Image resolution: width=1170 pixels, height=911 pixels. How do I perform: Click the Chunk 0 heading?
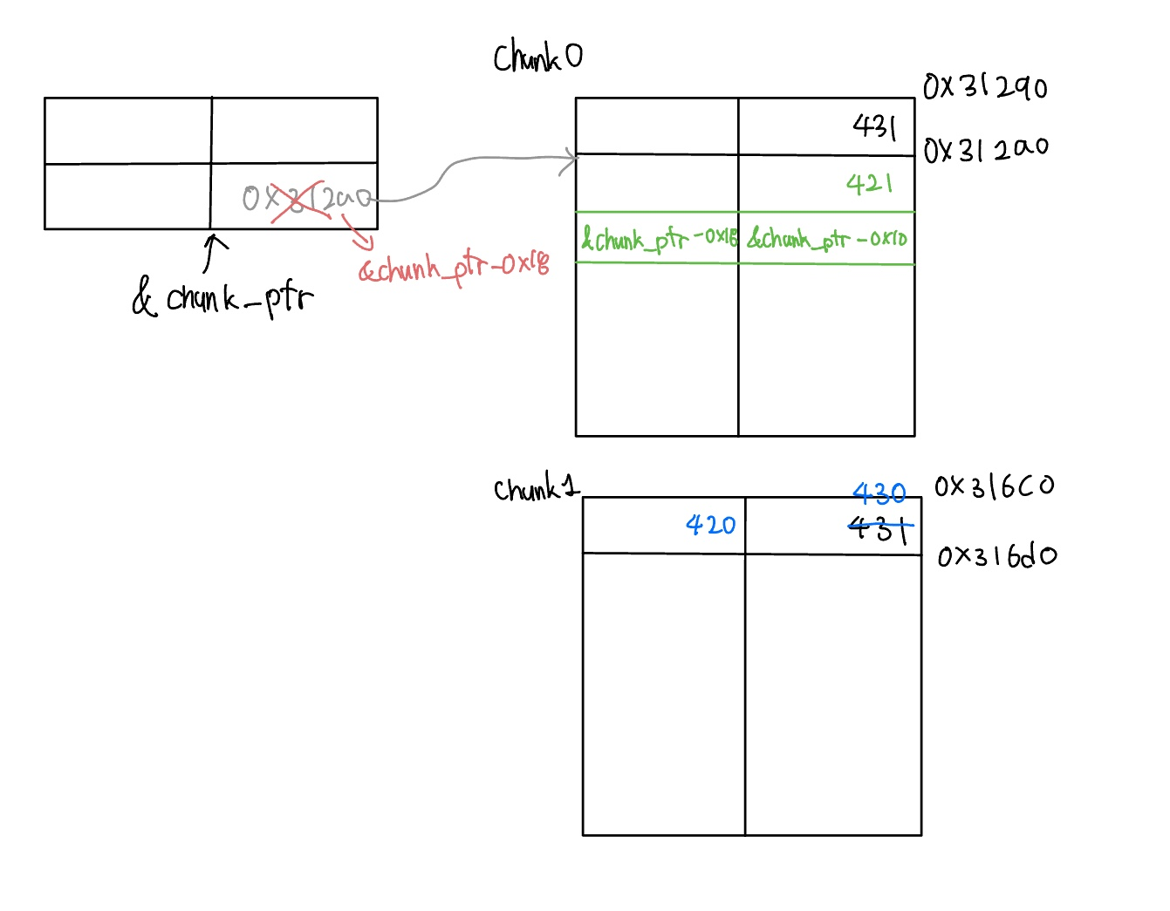[537, 58]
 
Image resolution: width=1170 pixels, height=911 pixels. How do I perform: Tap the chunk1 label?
[536, 488]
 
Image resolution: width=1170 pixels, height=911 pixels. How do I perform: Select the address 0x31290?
[985, 86]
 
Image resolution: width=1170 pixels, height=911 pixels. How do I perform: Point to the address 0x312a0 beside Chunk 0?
[986, 149]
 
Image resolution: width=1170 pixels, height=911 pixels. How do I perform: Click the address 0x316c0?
[994, 486]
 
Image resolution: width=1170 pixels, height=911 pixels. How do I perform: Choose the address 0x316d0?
[996, 555]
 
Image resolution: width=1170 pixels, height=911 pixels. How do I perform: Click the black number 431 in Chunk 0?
[874, 127]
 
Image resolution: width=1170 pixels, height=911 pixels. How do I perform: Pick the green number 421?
[869, 183]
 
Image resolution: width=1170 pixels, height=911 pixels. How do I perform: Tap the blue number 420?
[710, 525]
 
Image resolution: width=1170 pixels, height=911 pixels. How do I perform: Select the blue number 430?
[879, 494]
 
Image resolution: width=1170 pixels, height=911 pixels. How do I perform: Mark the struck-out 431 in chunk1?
[879, 527]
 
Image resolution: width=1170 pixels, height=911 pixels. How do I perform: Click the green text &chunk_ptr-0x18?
[659, 238]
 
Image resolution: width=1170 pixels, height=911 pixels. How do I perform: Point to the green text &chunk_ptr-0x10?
[827, 238]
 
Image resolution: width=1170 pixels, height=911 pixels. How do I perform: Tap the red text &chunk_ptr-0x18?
[455, 267]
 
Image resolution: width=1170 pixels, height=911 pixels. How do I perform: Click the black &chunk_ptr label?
[222, 298]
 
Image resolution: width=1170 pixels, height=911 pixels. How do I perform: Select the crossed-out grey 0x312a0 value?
[307, 199]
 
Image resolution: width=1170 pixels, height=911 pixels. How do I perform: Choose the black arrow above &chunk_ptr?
[212, 252]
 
